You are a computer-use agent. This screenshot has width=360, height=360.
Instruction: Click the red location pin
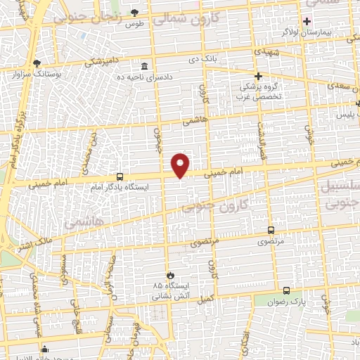[181, 165]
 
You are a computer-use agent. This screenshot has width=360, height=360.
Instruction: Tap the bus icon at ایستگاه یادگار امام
[120, 176]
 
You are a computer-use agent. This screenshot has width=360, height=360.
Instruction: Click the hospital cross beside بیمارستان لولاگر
[306, 20]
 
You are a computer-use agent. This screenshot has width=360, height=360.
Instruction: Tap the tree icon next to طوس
[135, 13]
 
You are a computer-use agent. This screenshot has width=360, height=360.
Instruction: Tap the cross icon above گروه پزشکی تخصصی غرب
[258, 75]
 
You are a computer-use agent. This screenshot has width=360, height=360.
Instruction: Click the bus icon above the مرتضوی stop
[271, 230]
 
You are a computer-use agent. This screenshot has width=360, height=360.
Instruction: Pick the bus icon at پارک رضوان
[286, 290]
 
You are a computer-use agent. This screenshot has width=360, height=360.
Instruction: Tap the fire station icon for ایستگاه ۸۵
[169, 275]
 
